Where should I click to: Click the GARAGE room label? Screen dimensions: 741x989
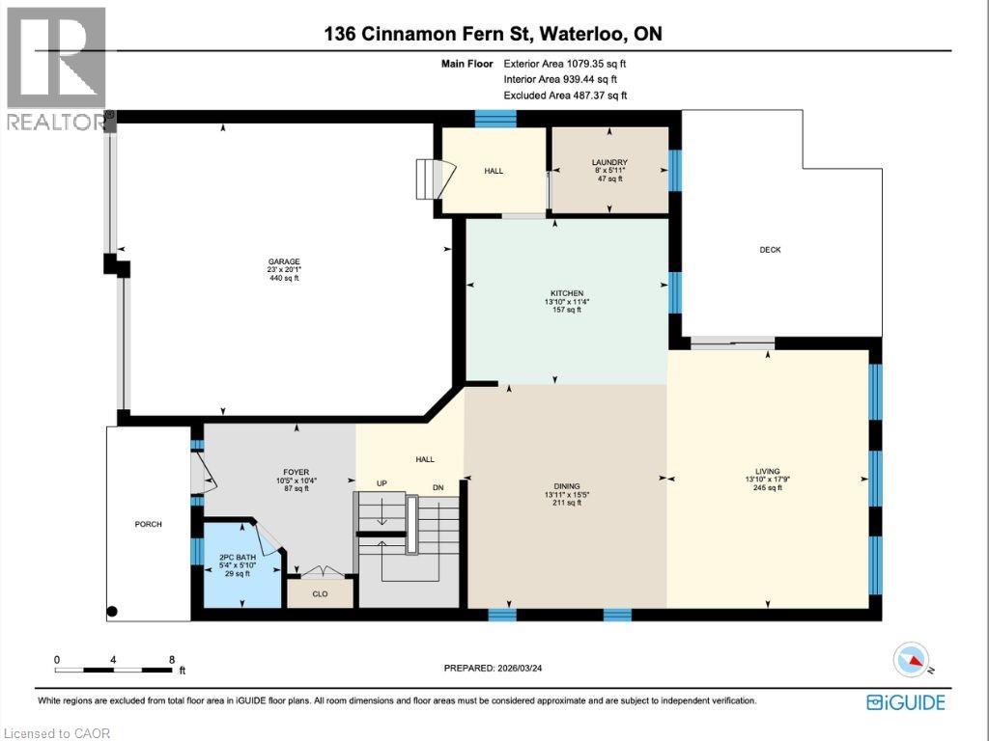tap(284, 261)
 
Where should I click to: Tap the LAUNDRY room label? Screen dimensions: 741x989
tap(609, 162)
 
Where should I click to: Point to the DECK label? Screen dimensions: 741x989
tap(770, 250)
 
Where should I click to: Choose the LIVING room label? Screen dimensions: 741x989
tap(768, 472)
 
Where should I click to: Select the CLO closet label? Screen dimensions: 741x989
tap(319, 594)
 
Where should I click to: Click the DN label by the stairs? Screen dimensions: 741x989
tap(438, 487)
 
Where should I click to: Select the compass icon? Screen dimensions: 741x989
tap(912, 658)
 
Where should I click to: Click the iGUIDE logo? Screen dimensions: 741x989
tap(906, 701)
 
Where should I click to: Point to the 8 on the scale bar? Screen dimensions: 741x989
tap(172, 660)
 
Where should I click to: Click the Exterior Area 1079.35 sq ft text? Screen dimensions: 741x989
tap(572, 63)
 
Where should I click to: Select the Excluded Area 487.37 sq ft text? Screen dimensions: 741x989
tap(566, 96)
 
